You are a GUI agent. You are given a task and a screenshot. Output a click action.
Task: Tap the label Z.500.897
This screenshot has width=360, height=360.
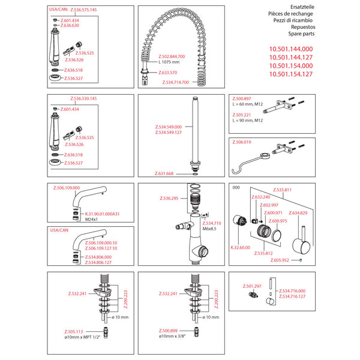(242, 98)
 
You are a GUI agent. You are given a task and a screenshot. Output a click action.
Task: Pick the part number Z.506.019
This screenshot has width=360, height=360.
(242, 143)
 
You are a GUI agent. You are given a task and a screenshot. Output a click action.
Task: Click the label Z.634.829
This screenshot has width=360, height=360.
(298, 213)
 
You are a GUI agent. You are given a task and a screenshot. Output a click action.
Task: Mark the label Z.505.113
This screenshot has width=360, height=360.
(75, 331)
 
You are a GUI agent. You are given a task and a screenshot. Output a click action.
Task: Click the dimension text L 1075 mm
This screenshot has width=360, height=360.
(172, 62)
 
